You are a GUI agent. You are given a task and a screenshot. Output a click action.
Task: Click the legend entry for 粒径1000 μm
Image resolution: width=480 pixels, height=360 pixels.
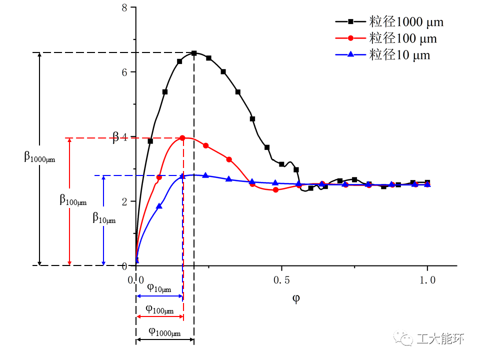389,21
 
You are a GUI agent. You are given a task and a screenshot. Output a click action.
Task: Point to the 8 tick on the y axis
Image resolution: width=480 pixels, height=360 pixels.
125,7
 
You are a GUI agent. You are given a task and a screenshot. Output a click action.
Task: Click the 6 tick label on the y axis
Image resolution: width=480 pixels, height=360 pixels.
125,72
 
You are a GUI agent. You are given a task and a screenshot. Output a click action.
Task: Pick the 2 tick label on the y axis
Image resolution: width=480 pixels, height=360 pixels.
125,201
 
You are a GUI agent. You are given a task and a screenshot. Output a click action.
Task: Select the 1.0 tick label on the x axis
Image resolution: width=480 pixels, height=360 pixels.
427,279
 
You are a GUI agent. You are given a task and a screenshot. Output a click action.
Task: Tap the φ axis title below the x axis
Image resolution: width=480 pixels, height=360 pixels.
296,298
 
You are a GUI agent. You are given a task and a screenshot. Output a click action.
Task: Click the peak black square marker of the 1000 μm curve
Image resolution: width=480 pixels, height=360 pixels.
194,53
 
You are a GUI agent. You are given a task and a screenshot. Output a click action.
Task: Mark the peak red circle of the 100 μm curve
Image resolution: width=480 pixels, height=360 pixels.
182,138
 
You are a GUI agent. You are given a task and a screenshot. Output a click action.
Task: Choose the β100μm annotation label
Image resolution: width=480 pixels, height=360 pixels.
73,200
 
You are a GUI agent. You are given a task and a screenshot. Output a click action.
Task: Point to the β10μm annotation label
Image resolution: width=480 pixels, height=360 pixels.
104,217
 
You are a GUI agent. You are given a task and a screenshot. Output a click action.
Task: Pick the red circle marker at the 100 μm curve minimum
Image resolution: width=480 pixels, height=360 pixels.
275,189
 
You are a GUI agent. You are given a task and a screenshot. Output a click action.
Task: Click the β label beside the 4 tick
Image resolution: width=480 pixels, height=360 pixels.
115,136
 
